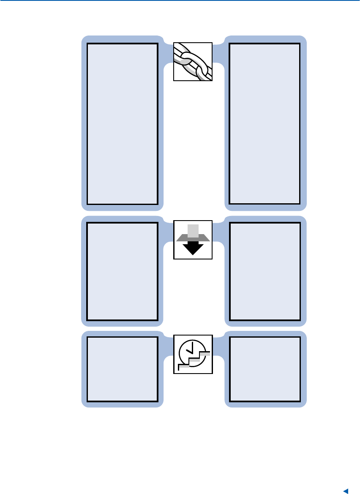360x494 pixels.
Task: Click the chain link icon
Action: [x=193, y=61]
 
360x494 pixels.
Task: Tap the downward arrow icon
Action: [x=193, y=240]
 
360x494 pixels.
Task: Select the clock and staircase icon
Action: [x=193, y=355]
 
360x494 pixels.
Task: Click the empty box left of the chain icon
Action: [x=123, y=123]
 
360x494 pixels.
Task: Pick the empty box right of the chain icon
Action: [x=265, y=123]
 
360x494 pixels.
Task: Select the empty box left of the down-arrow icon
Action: [x=123, y=271]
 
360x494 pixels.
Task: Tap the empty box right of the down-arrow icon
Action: [x=265, y=271]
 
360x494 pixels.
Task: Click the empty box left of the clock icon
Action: [x=123, y=369]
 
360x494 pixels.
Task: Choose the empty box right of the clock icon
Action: [x=265, y=369]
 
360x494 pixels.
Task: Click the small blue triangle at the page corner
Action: [x=345, y=491]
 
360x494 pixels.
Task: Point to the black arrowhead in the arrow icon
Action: [x=193, y=249]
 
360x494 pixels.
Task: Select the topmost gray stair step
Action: [x=205, y=353]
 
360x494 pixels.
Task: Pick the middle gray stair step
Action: [x=195, y=360]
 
